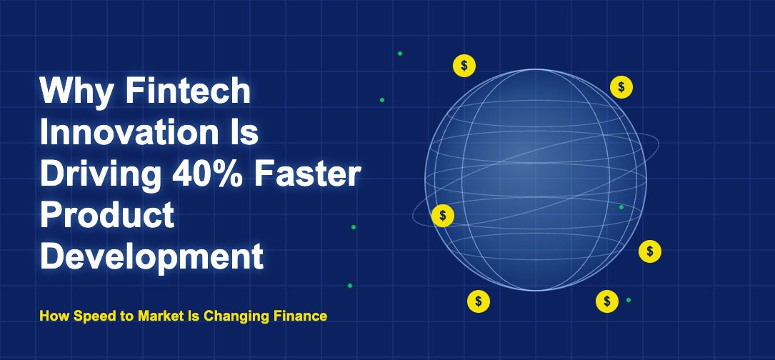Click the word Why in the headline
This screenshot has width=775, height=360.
click(76, 92)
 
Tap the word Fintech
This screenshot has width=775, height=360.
click(187, 91)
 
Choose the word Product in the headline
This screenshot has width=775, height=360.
click(107, 216)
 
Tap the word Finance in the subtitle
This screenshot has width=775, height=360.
click(300, 316)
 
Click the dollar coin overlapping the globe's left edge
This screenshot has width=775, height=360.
click(442, 216)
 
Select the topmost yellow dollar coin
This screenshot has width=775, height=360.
click(464, 65)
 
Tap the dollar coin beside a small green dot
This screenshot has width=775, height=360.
click(607, 301)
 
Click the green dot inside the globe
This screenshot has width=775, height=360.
click(621, 207)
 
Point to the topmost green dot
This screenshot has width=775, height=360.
click(400, 54)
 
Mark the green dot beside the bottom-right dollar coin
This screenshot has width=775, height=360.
click(628, 300)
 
